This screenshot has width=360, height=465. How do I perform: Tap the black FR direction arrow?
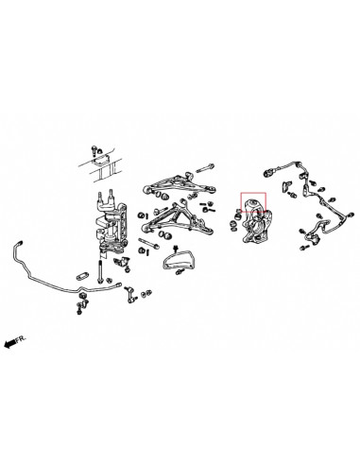(10, 345)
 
